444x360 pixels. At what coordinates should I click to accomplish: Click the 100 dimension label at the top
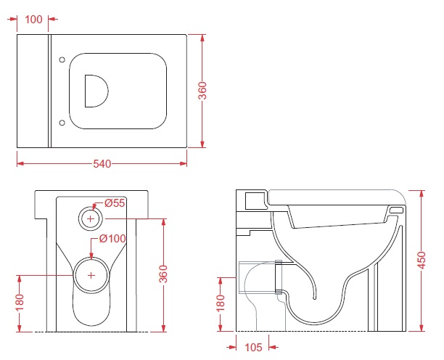[33, 20]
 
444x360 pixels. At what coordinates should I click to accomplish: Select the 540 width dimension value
[102, 164]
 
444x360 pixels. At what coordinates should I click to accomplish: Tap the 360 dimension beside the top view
[202, 91]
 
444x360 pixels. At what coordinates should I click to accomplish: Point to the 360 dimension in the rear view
[163, 274]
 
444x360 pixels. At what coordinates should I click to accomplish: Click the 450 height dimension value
[422, 260]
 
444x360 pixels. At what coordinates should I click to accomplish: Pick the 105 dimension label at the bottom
[253, 347]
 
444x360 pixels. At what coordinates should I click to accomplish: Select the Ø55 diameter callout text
[115, 202]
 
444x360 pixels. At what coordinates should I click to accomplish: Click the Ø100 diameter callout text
[112, 239]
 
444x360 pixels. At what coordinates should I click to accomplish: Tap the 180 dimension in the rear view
[20, 303]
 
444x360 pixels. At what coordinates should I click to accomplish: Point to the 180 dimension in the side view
[221, 303]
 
